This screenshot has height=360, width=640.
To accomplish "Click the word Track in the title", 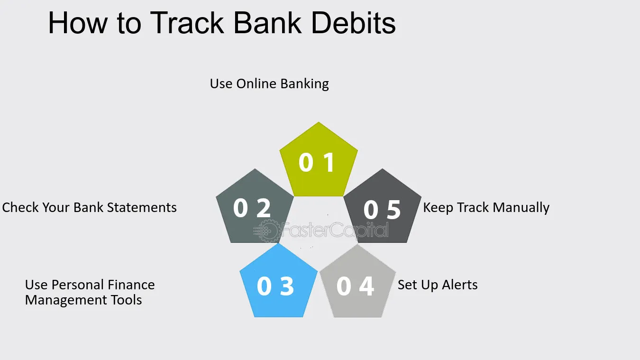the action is [x=187, y=23].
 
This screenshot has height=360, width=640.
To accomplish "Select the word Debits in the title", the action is [x=353, y=23].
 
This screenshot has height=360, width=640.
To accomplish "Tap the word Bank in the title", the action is [x=268, y=23].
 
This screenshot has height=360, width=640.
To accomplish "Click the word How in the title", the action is [x=78, y=23].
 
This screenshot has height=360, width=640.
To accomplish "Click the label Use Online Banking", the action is [x=269, y=84].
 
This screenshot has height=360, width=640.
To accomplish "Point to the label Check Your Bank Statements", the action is [x=90, y=208].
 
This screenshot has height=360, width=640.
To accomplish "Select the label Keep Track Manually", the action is [x=486, y=208].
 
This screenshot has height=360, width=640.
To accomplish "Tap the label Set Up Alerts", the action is [x=438, y=285].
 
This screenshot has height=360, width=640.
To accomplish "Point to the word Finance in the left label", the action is [x=131, y=285].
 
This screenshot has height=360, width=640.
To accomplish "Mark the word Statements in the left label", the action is [x=142, y=208].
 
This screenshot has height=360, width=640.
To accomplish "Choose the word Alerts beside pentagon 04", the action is [x=459, y=285].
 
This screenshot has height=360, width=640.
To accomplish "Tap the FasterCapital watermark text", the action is [x=335, y=229].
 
